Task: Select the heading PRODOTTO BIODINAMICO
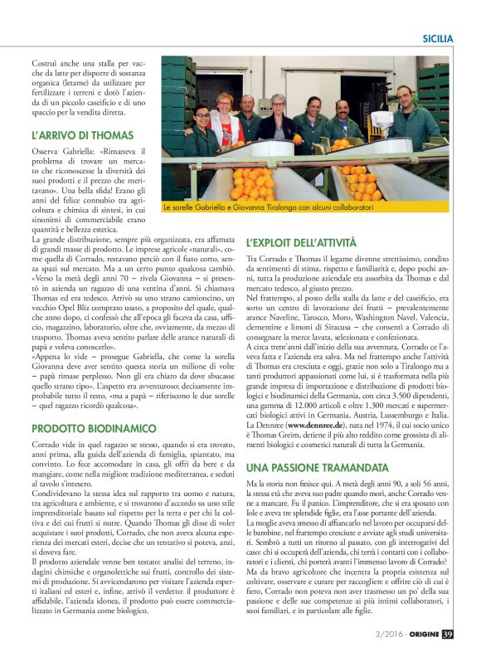93,428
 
